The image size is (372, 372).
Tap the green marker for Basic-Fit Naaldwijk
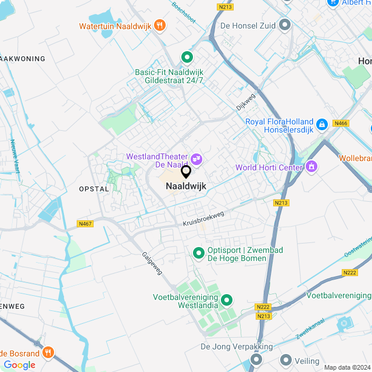(x=187, y=57)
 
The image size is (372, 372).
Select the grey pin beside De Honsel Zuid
(x=285, y=25)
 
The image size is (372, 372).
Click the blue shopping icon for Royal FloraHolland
(x=321, y=124)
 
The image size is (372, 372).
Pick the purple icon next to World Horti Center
(x=312, y=167)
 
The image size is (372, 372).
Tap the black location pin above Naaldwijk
(x=186, y=172)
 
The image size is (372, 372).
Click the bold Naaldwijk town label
(x=186, y=186)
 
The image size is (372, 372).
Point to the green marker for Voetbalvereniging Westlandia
(x=226, y=300)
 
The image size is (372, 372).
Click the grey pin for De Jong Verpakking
(x=256, y=360)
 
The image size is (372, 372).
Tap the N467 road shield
(x=85, y=224)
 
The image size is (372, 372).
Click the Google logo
(x=19, y=364)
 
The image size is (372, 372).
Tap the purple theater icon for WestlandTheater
(x=196, y=157)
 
